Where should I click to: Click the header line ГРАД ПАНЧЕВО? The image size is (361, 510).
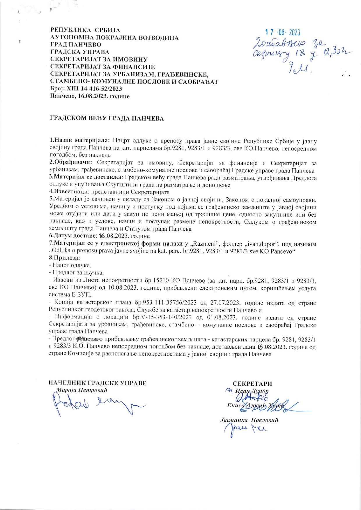click(x=76, y=45)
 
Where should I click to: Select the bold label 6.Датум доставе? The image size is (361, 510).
click(x=71, y=236)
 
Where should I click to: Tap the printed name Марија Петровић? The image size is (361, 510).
click(x=84, y=390)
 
